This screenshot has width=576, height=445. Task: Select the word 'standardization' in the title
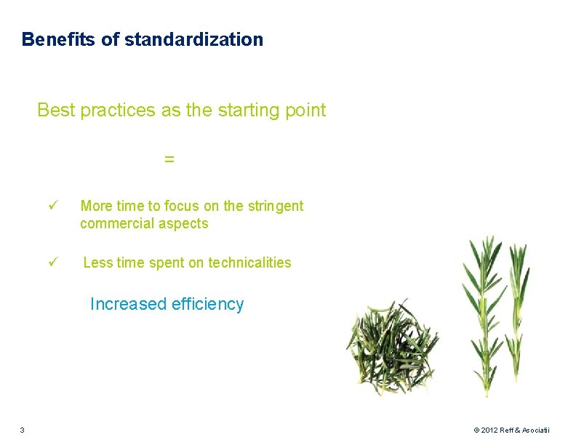click(x=193, y=39)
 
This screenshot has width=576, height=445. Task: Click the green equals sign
click(x=169, y=159)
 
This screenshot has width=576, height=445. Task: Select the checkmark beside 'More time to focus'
click(x=53, y=207)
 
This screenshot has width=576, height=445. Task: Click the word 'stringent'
click(x=276, y=207)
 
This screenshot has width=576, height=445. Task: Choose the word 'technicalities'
click(x=249, y=262)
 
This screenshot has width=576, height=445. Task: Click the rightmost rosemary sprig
click(x=518, y=305)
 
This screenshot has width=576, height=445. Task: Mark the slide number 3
click(x=23, y=430)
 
